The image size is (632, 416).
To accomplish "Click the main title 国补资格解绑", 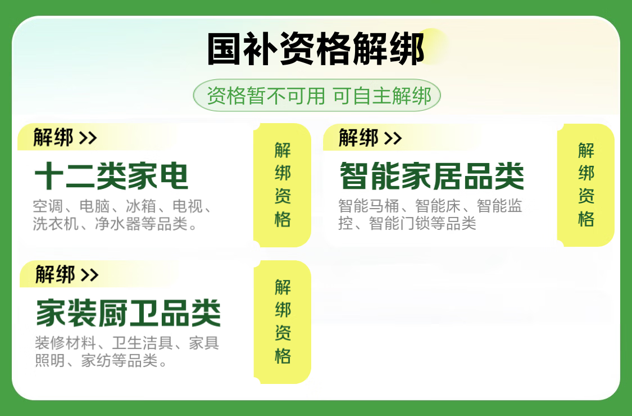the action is [x=316, y=49].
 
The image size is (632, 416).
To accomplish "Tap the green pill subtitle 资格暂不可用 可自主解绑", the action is [x=317, y=96].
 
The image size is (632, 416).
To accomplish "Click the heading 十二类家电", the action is [x=111, y=176].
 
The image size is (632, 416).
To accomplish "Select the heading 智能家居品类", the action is [x=431, y=176].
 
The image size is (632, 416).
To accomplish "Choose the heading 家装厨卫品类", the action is [x=128, y=313].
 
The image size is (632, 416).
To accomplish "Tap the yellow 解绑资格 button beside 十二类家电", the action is [x=282, y=185].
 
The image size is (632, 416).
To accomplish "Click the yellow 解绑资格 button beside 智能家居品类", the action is [x=585, y=185].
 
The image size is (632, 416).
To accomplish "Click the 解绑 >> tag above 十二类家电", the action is [x=65, y=138].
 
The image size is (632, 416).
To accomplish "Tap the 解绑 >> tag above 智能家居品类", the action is [x=370, y=138].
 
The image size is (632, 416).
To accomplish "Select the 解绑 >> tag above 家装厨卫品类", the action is [x=67, y=275].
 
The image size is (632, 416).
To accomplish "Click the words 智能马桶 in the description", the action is [x=369, y=206].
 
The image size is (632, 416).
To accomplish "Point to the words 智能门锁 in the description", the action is [x=399, y=223].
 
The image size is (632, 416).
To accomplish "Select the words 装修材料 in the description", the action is [x=65, y=343].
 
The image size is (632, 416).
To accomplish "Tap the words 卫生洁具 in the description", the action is [x=143, y=343].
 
